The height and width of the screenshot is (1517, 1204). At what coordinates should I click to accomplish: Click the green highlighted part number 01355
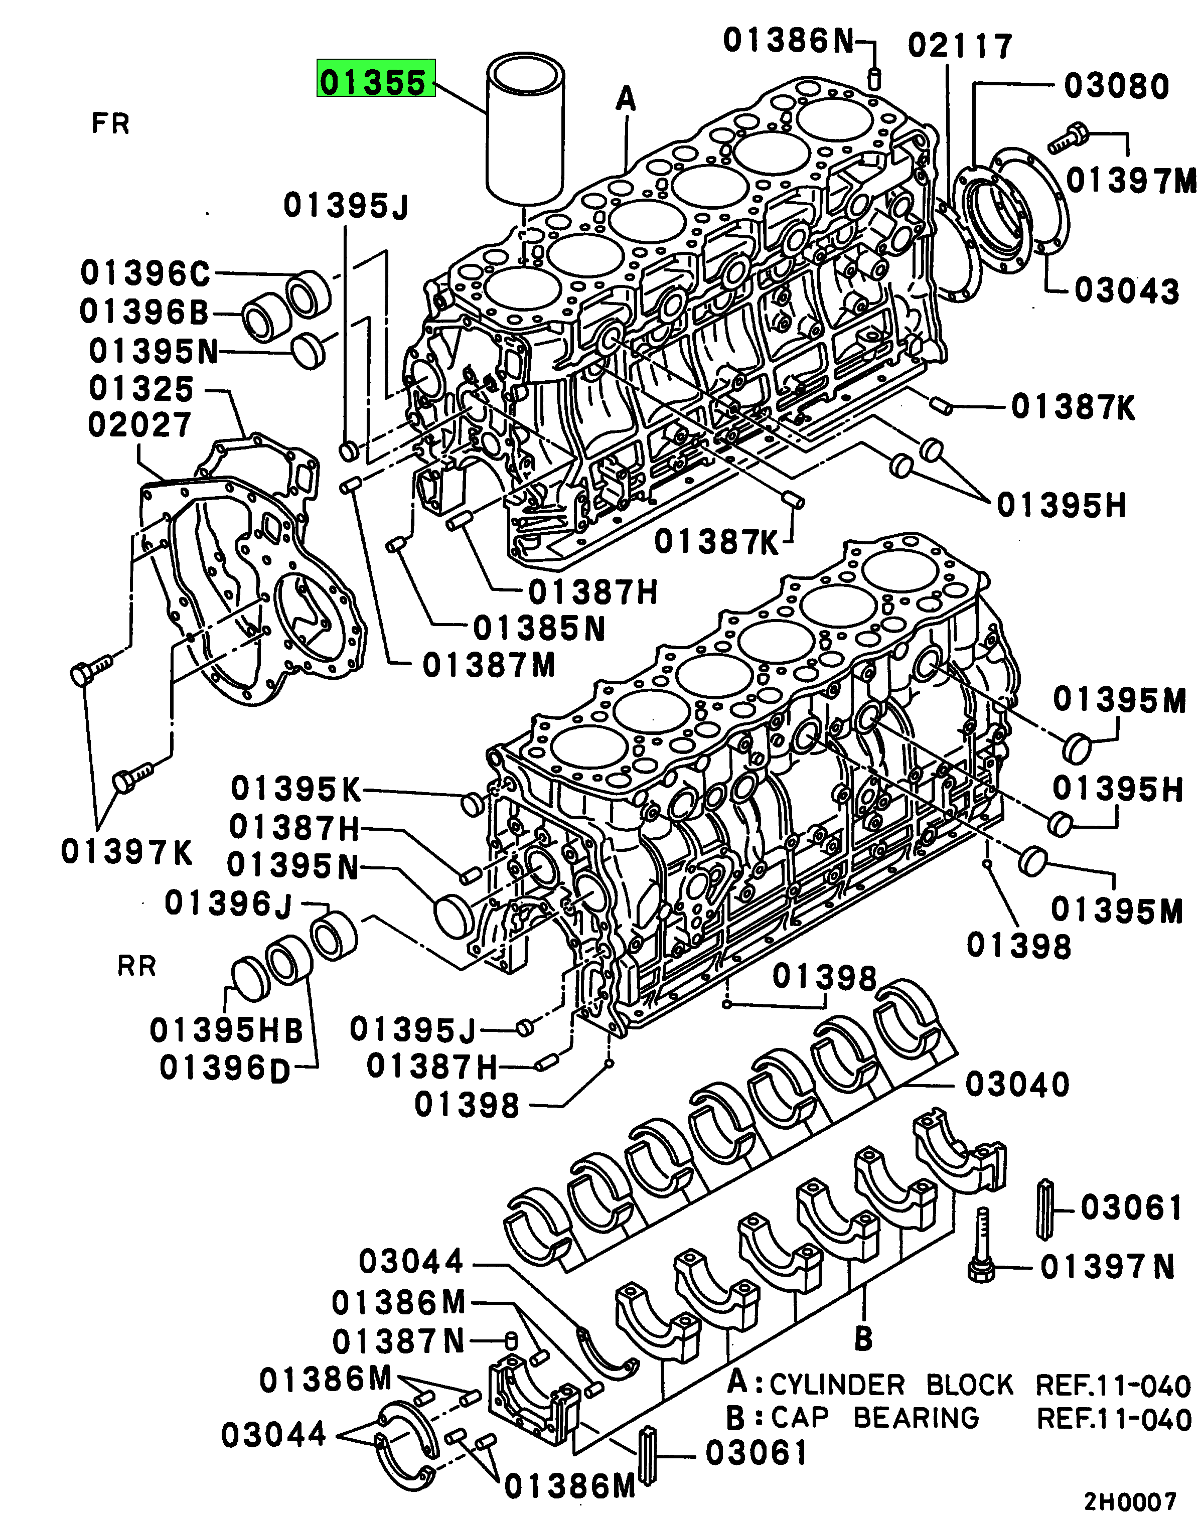tap(375, 82)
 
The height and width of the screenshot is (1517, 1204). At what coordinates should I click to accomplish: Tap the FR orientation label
tap(110, 124)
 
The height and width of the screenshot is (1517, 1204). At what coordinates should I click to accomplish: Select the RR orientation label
tap(136, 966)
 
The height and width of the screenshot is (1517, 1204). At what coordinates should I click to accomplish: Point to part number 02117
tap(960, 47)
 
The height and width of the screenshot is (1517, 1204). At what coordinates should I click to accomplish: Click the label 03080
tap(1116, 87)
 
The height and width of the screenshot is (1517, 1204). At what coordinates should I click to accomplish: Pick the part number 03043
tap(1127, 291)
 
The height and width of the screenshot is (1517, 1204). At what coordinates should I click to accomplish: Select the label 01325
tap(141, 389)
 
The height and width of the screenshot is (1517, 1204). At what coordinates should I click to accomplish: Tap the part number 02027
tap(139, 425)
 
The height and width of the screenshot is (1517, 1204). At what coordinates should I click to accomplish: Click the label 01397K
tap(126, 852)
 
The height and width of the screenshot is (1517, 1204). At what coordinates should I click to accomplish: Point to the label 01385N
tap(539, 629)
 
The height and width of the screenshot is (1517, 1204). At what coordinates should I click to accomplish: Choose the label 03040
tap(1017, 1084)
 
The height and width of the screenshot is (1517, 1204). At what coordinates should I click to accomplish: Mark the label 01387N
tap(398, 1342)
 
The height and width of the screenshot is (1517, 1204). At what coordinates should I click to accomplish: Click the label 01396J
tap(228, 903)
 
